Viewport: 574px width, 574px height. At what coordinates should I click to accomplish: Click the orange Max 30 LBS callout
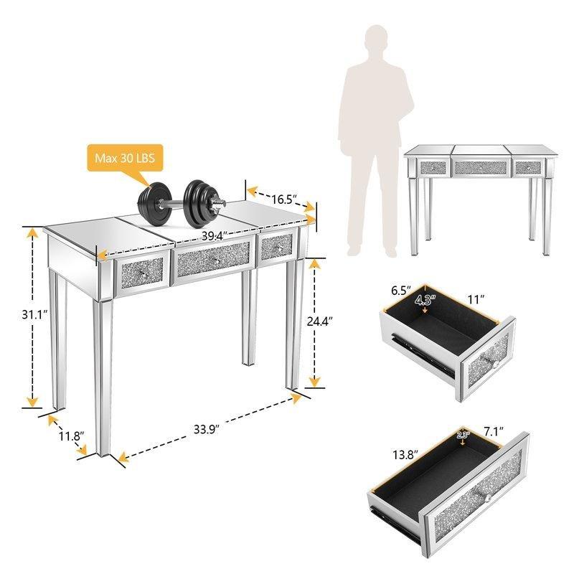pos(125,158)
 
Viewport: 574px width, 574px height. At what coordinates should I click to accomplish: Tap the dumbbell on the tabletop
pos(182,203)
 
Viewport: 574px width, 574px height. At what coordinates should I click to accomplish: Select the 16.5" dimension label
pos(284,199)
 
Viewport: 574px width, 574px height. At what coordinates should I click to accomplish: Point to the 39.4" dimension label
pos(215,236)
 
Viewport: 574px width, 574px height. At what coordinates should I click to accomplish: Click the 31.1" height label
pos(34,314)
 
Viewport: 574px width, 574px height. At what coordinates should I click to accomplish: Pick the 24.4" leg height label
pos(319,321)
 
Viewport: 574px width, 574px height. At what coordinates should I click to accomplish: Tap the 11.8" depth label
pos(71,436)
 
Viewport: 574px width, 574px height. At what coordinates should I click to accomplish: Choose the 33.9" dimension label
pos(207,429)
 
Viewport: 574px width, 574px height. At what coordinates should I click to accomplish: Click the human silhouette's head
pos(376,40)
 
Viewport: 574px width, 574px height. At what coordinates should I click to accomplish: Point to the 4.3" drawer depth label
pos(425,300)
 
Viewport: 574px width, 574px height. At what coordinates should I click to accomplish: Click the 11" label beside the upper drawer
pos(476,299)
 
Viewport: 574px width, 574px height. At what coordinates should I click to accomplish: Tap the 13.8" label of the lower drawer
pos(405,455)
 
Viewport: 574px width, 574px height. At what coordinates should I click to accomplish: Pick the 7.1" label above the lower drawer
pos(494,431)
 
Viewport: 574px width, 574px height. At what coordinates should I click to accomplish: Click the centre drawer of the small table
pos(480,167)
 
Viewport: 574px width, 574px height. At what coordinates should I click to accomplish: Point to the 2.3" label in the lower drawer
pos(463,436)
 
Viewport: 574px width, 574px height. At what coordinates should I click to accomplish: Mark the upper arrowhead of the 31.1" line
pos(33,232)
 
